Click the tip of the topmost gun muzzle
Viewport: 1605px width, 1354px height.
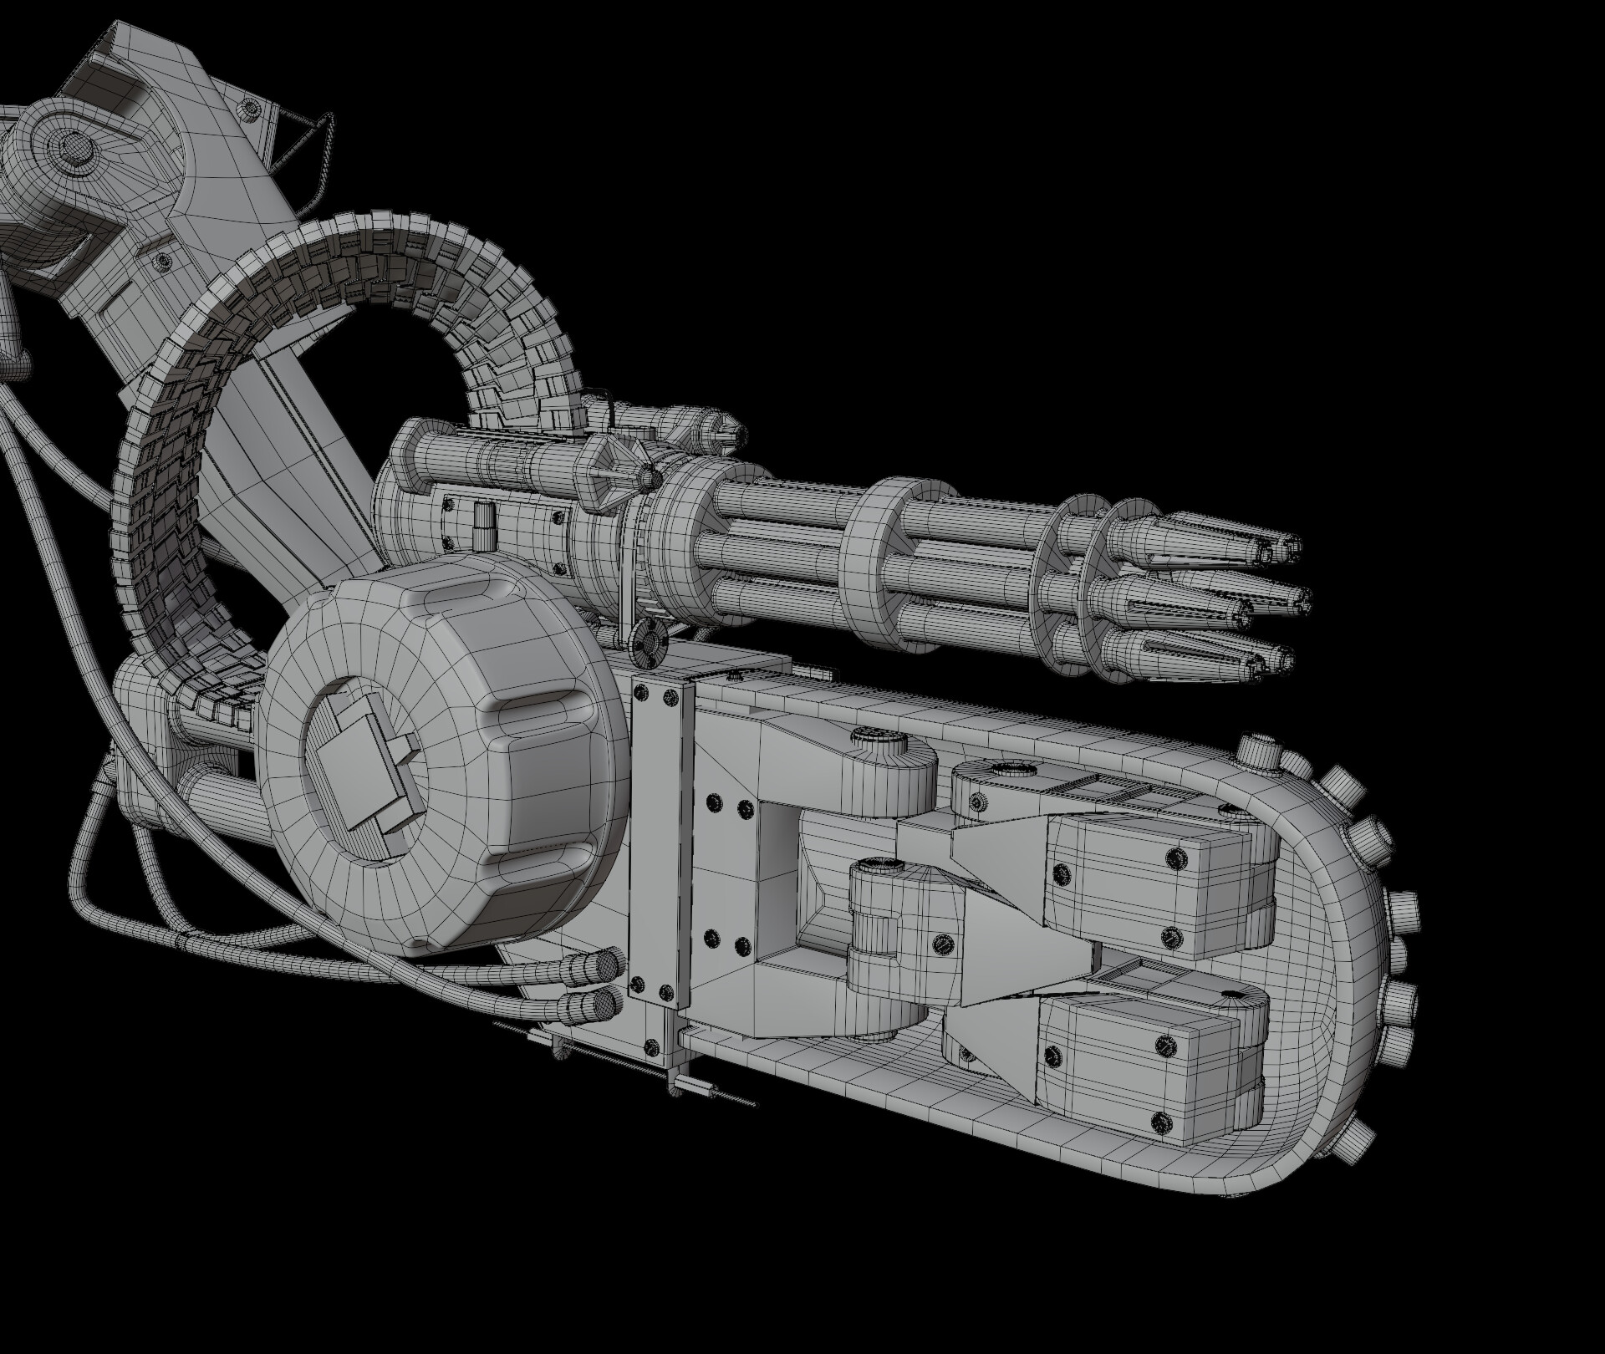click(x=1295, y=546)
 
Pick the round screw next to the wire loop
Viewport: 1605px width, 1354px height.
click(x=247, y=107)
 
